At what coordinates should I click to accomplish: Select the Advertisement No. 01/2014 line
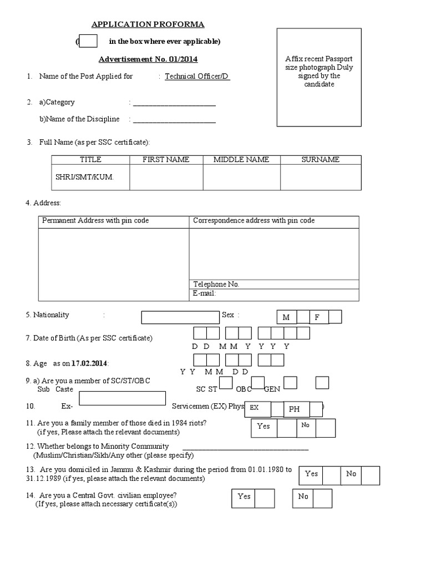point(148,59)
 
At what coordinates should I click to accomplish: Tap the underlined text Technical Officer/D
point(197,77)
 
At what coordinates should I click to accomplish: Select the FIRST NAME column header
point(166,160)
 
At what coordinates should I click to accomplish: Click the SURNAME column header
point(320,160)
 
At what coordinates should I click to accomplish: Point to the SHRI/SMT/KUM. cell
point(90,177)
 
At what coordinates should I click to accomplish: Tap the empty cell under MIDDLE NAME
point(241,177)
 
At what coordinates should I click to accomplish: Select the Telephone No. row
point(274,284)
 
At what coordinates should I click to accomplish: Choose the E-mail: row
point(274,293)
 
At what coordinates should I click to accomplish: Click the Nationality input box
point(181,317)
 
